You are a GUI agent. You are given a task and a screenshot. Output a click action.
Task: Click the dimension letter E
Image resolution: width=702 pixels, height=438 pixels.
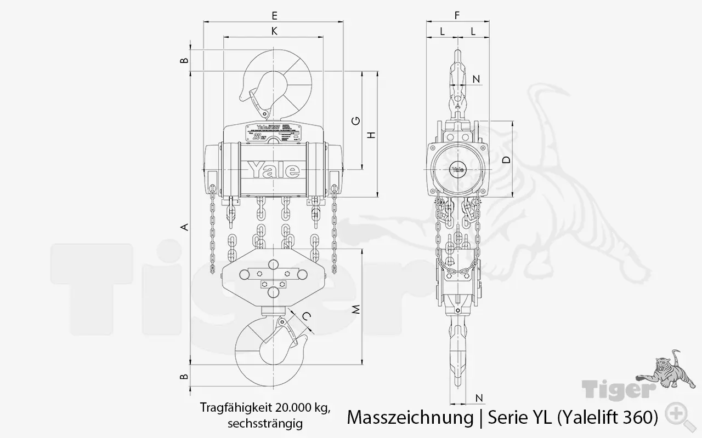tap(274, 15)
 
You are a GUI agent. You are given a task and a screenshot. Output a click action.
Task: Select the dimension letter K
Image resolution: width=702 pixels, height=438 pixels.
tap(274, 31)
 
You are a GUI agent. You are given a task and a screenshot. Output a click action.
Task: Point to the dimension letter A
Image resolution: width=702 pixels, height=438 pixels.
tap(185, 227)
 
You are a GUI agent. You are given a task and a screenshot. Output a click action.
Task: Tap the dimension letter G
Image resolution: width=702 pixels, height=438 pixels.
tap(356, 120)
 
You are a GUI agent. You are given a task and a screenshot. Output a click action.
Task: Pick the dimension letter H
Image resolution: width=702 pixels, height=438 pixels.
tap(372, 135)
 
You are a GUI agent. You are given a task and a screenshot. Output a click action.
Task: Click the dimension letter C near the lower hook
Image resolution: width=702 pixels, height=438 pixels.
tap(307, 315)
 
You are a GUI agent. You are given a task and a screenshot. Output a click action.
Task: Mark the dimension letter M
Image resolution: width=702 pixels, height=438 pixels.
tap(356, 310)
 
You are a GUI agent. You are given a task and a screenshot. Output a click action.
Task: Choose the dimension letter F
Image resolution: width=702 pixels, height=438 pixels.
tap(457, 15)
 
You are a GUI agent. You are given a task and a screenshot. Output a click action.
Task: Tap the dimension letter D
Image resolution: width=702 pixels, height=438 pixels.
tap(506, 160)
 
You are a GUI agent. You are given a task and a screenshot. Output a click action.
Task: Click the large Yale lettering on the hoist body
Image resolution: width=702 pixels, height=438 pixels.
tap(274, 170)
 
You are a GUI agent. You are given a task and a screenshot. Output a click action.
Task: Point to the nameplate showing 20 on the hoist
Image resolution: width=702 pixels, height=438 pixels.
tap(268, 133)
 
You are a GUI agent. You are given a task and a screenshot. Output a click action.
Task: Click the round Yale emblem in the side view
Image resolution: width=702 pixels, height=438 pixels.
tap(457, 169)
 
